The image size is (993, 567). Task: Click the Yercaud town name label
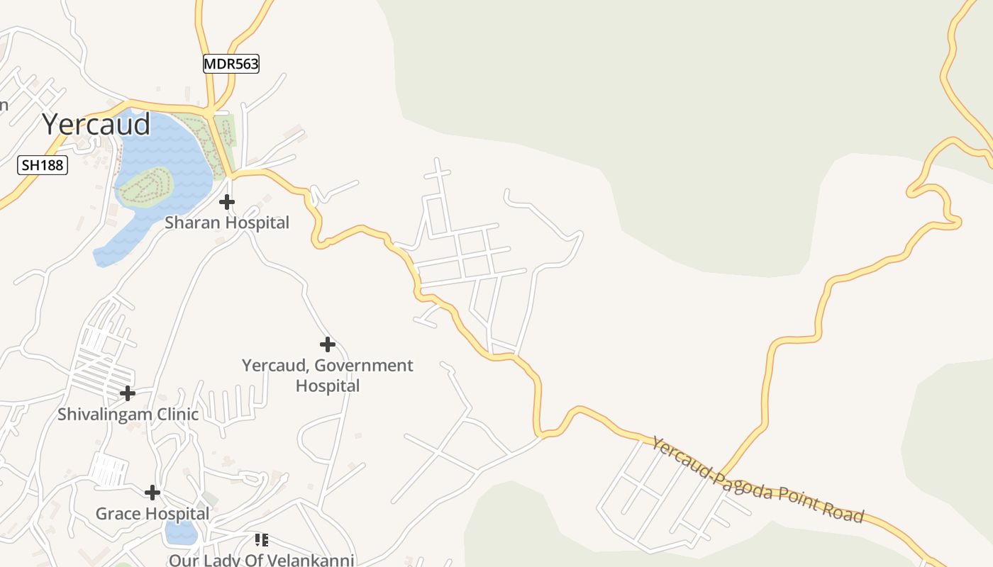(x=96, y=124)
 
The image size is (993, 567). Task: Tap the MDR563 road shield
(x=231, y=64)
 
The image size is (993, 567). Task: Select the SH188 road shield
(x=43, y=166)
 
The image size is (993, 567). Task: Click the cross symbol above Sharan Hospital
(x=227, y=203)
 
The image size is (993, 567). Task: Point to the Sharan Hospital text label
(x=227, y=223)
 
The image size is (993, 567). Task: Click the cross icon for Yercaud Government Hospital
(x=327, y=345)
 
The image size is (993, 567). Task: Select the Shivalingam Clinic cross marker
(x=128, y=393)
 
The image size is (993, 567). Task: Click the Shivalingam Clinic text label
(x=128, y=414)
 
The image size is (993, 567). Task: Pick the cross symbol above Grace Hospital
(x=152, y=493)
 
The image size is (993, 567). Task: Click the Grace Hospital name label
(x=152, y=513)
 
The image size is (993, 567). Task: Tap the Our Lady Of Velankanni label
(x=261, y=560)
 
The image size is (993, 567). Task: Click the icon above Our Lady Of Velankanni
(x=261, y=540)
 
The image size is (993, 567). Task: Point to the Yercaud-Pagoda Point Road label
(x=758, y=480)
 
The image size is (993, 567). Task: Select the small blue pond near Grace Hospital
(x=182, y=532)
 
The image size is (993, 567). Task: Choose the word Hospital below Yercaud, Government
(x=327, y=386)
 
